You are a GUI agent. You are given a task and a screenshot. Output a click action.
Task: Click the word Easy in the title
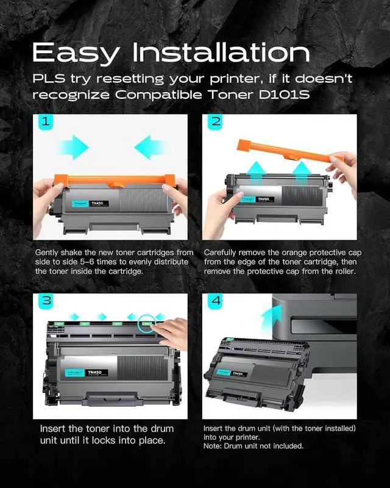click(76, 53)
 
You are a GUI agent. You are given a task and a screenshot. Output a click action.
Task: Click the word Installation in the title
click(221, 52)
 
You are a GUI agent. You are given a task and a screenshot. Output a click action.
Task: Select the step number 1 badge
click(46, 121)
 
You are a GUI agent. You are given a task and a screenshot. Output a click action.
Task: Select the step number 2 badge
click(215, 121)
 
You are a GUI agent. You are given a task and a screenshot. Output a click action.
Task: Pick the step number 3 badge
click(46, 301)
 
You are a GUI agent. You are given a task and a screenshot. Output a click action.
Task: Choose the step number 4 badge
click(215, 301)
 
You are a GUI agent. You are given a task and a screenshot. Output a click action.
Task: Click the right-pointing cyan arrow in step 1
click(74, 147)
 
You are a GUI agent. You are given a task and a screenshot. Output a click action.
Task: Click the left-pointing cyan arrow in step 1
click(149, 147)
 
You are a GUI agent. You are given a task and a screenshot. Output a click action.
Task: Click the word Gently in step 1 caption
click(47, 253)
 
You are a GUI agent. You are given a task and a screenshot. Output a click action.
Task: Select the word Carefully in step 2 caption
click(219, 253)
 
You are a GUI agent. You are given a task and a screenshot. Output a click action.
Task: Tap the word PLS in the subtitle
click(49, 79)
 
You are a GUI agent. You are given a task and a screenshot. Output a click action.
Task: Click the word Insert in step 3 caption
click(52, 429)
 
